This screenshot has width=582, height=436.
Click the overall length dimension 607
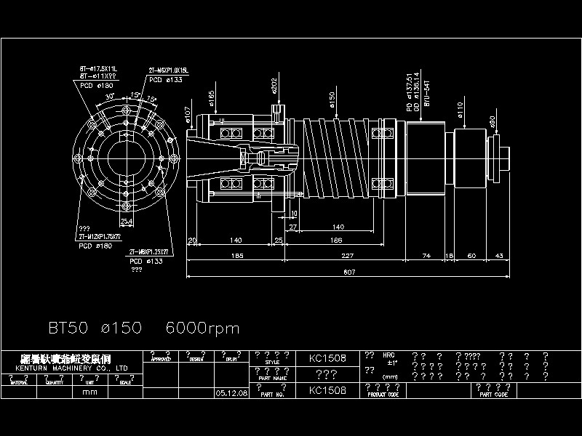point(349,272)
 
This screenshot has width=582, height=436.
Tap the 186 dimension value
point(335,240)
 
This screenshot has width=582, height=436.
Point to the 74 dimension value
point(426,255)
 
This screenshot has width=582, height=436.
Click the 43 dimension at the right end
point(499,255)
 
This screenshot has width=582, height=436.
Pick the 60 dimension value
point(471,255)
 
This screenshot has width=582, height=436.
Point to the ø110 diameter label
point(461,109)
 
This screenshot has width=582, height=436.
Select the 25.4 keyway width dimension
point(127,221)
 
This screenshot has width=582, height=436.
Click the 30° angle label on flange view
point(110,97)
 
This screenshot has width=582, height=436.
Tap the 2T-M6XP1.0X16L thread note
point(169,70)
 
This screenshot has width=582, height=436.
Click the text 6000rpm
point(203,328)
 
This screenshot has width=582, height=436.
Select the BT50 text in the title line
point(68,328)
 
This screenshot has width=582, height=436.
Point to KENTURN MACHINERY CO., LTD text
point(71,368)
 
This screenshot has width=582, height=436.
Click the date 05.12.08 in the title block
point(231,392)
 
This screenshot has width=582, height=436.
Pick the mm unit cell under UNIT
point(89,392)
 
